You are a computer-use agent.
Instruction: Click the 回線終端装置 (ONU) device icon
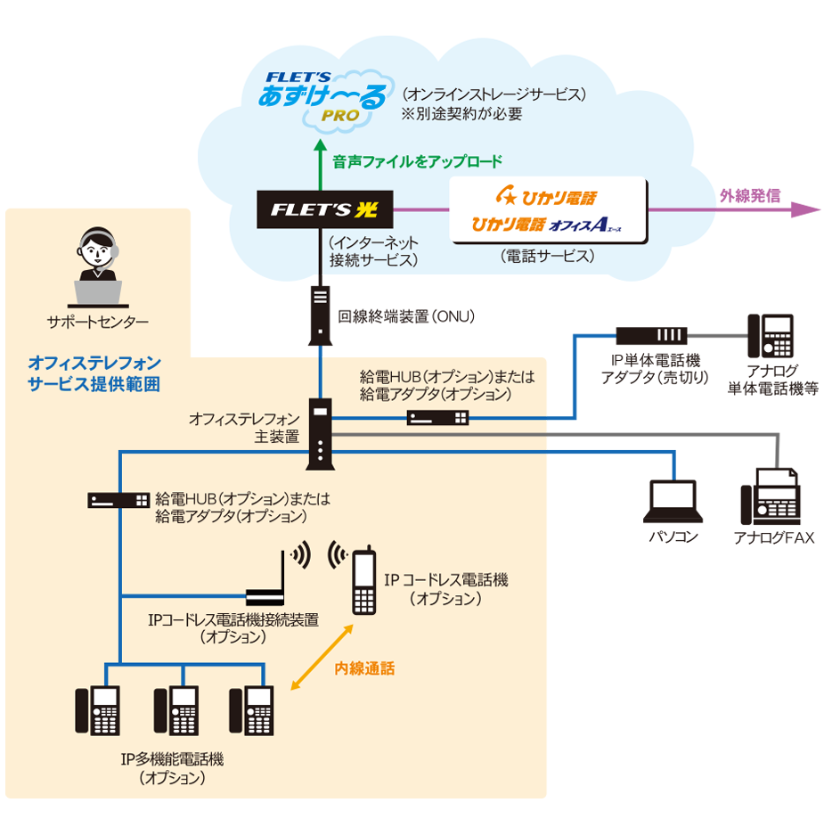coord(321,315)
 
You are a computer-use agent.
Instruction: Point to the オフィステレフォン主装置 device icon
coord(320,434)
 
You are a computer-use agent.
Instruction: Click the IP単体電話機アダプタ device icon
coord(652,336)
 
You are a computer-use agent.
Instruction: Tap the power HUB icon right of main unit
coord(438,417)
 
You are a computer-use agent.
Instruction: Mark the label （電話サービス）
coord(547,256)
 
